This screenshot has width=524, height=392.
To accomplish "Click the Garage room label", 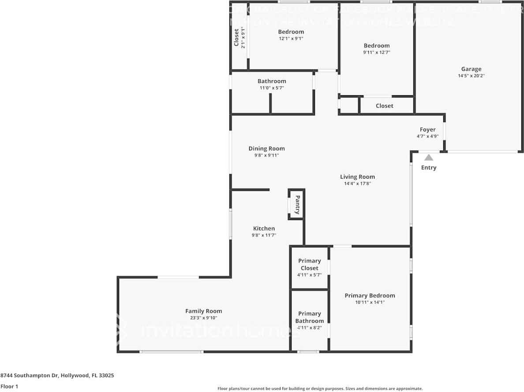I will [x=471, y=69].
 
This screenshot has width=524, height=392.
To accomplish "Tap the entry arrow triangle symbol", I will [x=428, y=157].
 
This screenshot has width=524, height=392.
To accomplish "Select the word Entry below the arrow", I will [x=428, y=168].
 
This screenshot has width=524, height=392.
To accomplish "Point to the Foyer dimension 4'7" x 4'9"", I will [x=427, y=136].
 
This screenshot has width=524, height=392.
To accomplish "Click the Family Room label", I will [x=203, y=311].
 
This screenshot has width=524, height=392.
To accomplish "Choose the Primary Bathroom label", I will [x=309, y=317].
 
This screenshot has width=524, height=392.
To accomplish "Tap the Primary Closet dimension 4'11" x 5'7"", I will [x=309, y=275].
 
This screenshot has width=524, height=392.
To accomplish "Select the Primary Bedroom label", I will [x=370, y=295].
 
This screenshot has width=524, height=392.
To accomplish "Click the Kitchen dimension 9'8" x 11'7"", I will [x=264, y=235].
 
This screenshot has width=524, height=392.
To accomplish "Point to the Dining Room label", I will [x=266, y=149].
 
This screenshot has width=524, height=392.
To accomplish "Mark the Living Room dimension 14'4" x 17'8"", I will [x=357, y=183].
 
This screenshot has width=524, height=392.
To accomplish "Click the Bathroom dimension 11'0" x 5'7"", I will [x=272, y=88].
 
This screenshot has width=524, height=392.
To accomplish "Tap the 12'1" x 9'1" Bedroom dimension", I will [x=291, y=38].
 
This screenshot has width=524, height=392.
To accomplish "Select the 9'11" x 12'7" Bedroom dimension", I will [x=377, y=52].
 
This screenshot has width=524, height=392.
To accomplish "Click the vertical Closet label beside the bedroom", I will [x=236, y=37].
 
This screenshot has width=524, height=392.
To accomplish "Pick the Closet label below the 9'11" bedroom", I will [x=384, y=106].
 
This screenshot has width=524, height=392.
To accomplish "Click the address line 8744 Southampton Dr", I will [x=57, y=376].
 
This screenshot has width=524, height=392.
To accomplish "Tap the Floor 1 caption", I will [x=9, y=386].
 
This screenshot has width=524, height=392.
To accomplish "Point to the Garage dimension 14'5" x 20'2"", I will [x=471, y=76].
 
